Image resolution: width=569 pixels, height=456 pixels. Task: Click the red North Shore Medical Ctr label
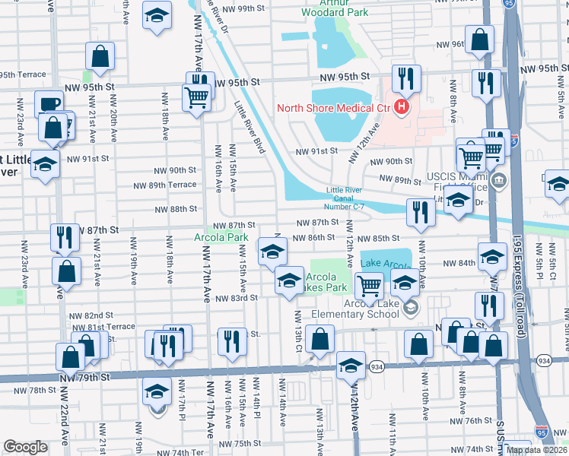(332, 107)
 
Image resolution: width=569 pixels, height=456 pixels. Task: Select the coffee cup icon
(49, 104)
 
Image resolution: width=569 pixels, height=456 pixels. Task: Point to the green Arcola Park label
(227, 237)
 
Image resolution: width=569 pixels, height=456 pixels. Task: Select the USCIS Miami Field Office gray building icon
(499, 181)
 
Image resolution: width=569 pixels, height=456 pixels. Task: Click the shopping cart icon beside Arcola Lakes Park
(369, 287)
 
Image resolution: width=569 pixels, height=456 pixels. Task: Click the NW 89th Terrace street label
(165, 185)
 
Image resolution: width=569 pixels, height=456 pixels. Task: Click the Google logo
(25, 447)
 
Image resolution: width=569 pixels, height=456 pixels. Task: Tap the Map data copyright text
(536, 450)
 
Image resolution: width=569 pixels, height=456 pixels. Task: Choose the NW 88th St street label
(176, 209)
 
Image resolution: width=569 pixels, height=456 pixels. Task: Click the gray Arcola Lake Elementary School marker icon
(411, 307)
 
